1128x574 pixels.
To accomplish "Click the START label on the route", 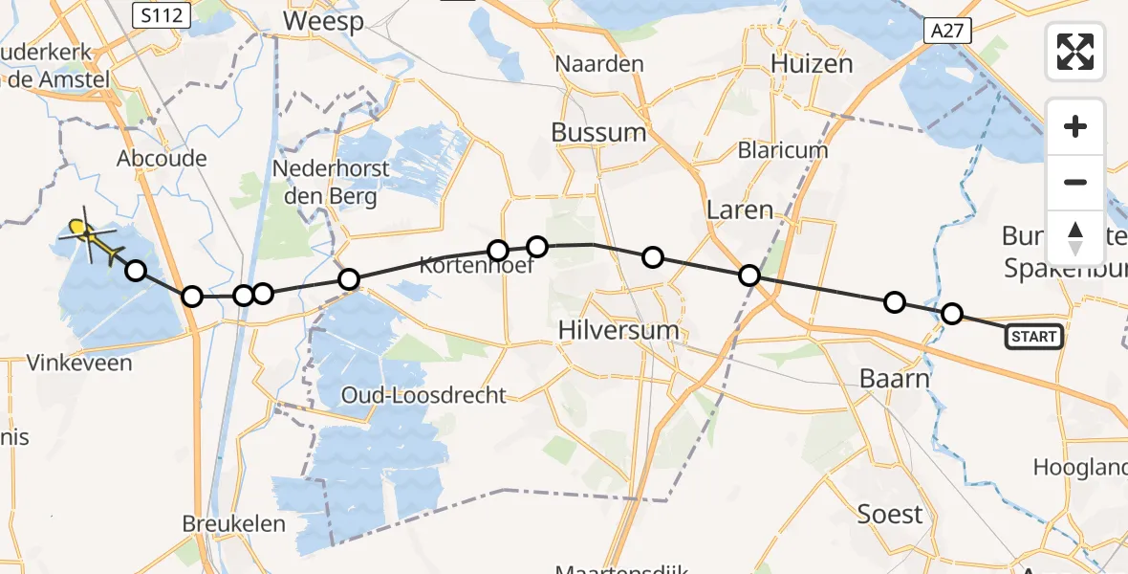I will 1033,336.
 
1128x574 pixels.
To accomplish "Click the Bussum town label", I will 598,132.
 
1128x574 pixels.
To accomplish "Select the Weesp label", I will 323,21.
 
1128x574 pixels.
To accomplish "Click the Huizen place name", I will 812,64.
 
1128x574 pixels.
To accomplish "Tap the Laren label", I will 739,210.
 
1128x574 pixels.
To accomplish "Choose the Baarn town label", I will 895,378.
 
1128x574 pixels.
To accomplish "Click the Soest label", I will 890,514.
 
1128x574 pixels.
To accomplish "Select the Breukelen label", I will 234,523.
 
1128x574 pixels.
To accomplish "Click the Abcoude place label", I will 162,158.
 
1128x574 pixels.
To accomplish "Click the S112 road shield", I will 161,14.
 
